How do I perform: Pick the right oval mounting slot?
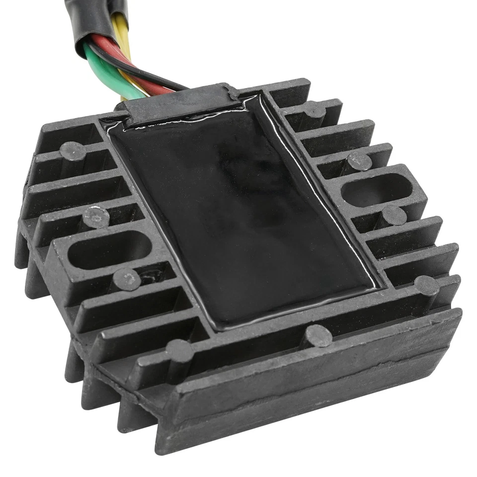pos(378,189)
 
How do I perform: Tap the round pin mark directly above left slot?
pos(94,216)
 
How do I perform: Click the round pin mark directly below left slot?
pos(126,280)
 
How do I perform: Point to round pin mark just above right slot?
pos(359,160)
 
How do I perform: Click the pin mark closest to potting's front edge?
pos(318,336)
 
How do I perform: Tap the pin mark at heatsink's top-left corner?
pos(73,151)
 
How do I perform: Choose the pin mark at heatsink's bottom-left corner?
pos(179,350)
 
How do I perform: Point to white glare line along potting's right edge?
pos(318,189)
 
